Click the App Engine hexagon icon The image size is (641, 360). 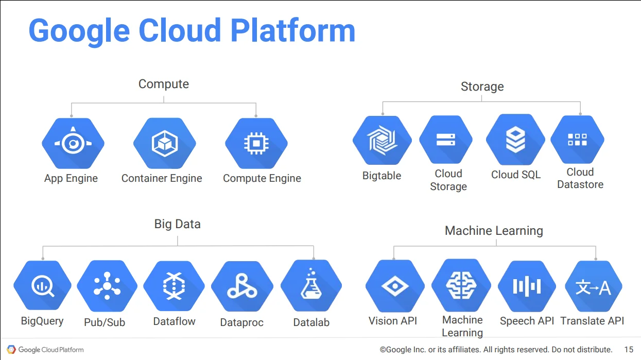tap(73, 143)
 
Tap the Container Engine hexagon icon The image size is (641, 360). tap(165, 143)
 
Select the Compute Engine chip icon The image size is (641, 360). tap(256, 143)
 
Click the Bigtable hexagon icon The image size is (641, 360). tap(382, 140)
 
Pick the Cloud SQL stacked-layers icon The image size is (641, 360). tap(515, 140)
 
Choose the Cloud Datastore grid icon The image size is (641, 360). tap(578, 140)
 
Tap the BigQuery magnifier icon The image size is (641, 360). tap(42, 285)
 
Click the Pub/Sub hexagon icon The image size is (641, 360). tap(107, 286)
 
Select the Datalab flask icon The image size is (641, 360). tap(311, 285)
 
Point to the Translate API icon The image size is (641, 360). tap(594, 286)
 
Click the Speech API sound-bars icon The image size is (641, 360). tap(527, 286)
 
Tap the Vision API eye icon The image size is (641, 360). tap(395, 286)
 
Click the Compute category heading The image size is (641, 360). tap(164, 84)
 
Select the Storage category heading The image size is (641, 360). tap(482, 87)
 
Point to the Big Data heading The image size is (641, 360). tap(178, 224)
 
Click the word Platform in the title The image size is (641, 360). tap(293, 31)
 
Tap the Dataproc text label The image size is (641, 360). tap(242, 322)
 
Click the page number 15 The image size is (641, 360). tap(629, 349)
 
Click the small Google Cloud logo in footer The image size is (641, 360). tap(11, 349)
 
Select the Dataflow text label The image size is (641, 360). tap(174, 321)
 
